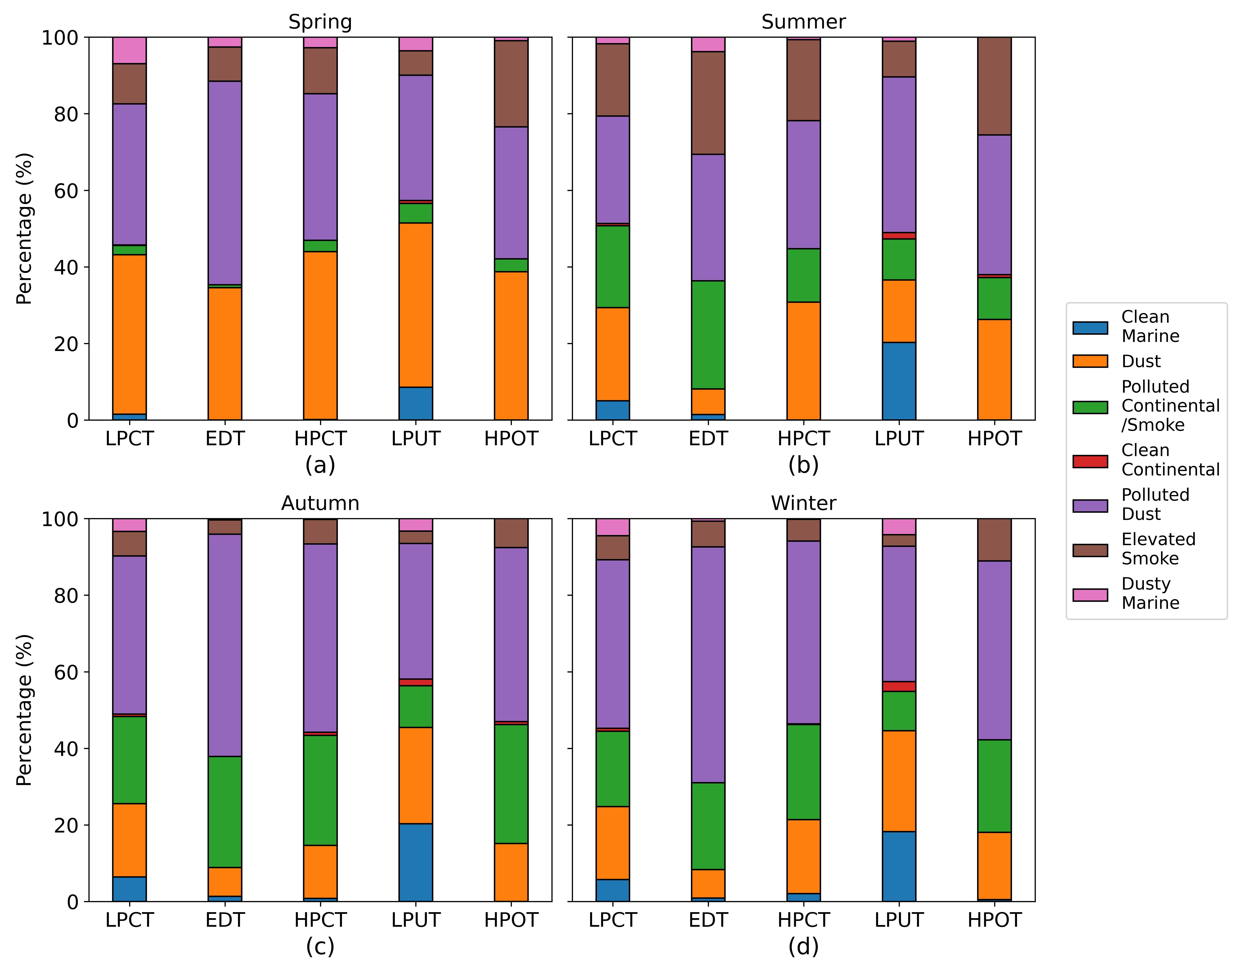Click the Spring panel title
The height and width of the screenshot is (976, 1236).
[x=320, y=22]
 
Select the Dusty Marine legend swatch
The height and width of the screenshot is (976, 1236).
[x=1090, y=595]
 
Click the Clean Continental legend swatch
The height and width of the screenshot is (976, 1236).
[x=1090, y=461]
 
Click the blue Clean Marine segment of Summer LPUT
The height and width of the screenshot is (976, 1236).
[x=899, y=381]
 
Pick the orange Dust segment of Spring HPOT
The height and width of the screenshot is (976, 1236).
[x=511, y=346]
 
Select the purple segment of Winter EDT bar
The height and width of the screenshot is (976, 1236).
[x=708, y=665]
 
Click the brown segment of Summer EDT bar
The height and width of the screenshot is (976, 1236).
[x=708, y=103]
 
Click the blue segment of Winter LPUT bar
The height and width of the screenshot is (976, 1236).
[x=899, y=866]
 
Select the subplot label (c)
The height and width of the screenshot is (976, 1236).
[x=320, y=946]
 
